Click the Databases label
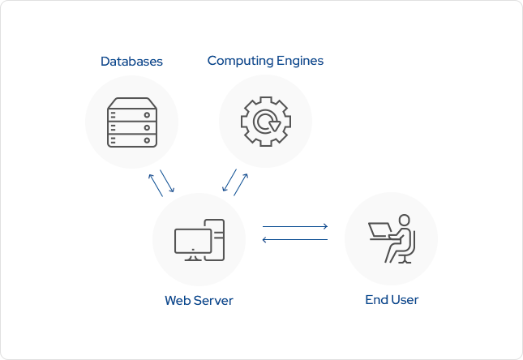[131, 62]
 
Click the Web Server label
[199, 301]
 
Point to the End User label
[392, 300]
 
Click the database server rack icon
[131, 122]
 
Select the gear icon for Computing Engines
[265, 122]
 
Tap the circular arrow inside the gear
[266, 122]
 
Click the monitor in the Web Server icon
[193, 242]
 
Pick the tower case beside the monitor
[216, 240]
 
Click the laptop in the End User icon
[379, 230]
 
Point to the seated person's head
[403, 221]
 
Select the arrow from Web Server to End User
[294, 226]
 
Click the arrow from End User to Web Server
[294, 239]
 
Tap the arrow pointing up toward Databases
[155, 184]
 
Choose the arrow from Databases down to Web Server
[167, 181]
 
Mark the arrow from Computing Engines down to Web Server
[229, 181]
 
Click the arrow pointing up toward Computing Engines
[241, 184]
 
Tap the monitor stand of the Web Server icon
[193, 257]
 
